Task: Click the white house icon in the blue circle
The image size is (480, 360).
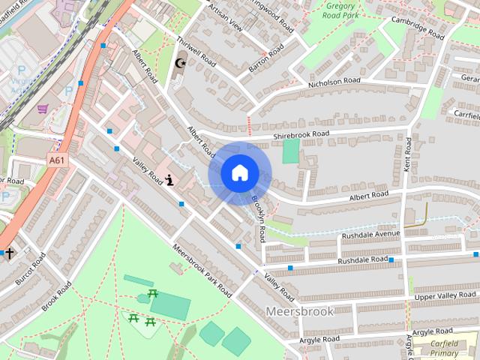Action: pyautogui.click(x=238, y=173)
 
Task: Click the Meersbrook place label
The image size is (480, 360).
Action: pyautogui.click(x=298, y=310)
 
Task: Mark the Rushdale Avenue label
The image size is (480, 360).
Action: pyautogui.click(x=371, y=235)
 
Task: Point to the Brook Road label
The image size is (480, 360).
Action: pyautogui.click(x=56, y=297)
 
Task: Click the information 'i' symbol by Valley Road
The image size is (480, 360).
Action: pyautogui.click(x=170, y=180)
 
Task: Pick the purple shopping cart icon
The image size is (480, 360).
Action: pyautogui.click(x=42, y=108)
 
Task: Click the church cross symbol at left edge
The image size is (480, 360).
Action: pyautogui.click(x=10, y=253)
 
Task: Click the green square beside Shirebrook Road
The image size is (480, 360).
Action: pyautogui.click(x=290, y=151)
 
